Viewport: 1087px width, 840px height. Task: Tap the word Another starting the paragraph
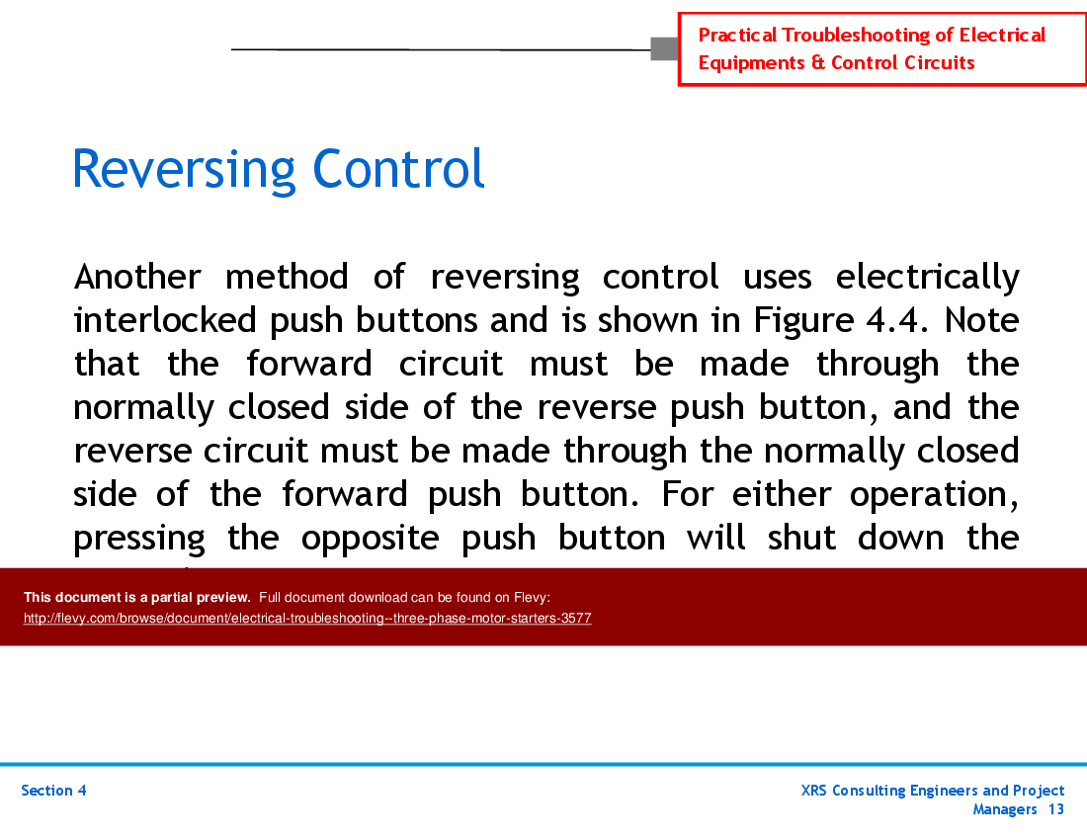[137, 276]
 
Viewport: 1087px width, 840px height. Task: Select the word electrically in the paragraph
[927, 277]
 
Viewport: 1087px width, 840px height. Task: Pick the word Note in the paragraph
[982, 320]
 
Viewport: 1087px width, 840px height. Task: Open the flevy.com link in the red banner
[307, 619]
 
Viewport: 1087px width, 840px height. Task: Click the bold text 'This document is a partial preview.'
[137, 597]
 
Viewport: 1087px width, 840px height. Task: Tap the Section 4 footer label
[53, 791]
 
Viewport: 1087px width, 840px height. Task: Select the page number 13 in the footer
[1055, 809]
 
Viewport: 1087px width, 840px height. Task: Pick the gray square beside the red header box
[664, 48]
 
